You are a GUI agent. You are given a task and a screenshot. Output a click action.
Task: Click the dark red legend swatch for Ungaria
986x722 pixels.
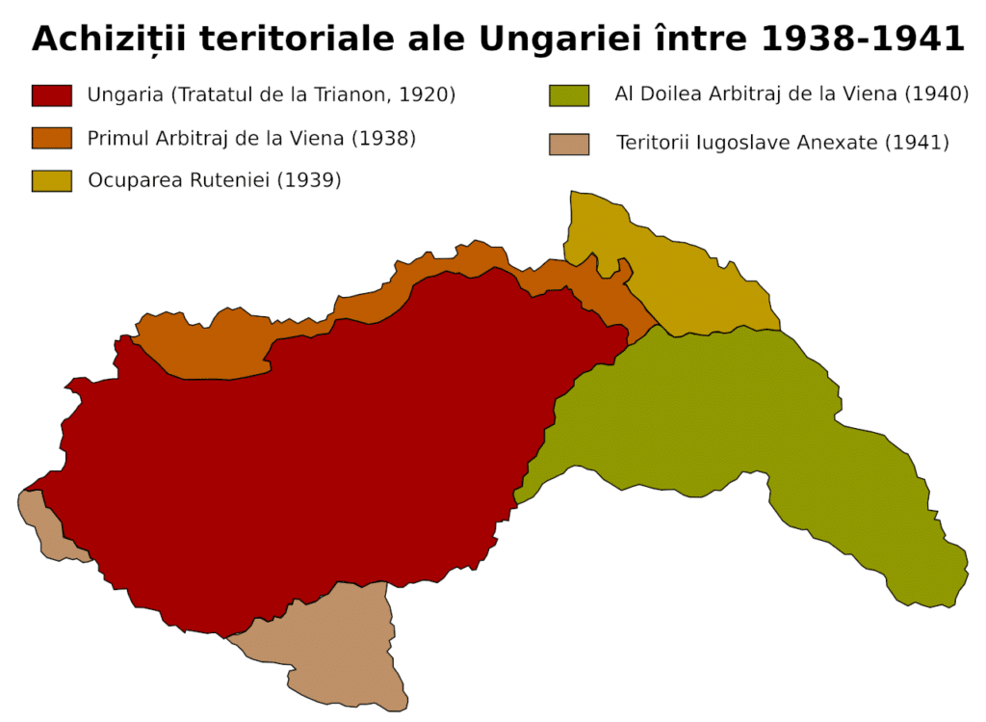(x=52, y=95)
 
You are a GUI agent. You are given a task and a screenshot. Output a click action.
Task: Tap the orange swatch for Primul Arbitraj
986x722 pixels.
(x=52, y=138)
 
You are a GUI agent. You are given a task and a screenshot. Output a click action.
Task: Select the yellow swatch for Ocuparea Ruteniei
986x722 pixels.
(x=52, y=180)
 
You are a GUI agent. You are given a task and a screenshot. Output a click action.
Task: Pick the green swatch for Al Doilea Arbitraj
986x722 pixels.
(x=569, y=95)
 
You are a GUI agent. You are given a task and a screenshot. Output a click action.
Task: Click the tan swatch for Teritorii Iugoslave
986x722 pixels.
(x=569, y=144)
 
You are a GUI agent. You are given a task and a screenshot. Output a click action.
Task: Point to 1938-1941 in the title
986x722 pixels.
(x=861, y=40)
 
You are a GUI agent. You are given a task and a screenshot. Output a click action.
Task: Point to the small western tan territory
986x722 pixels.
(x=43, y=525)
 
